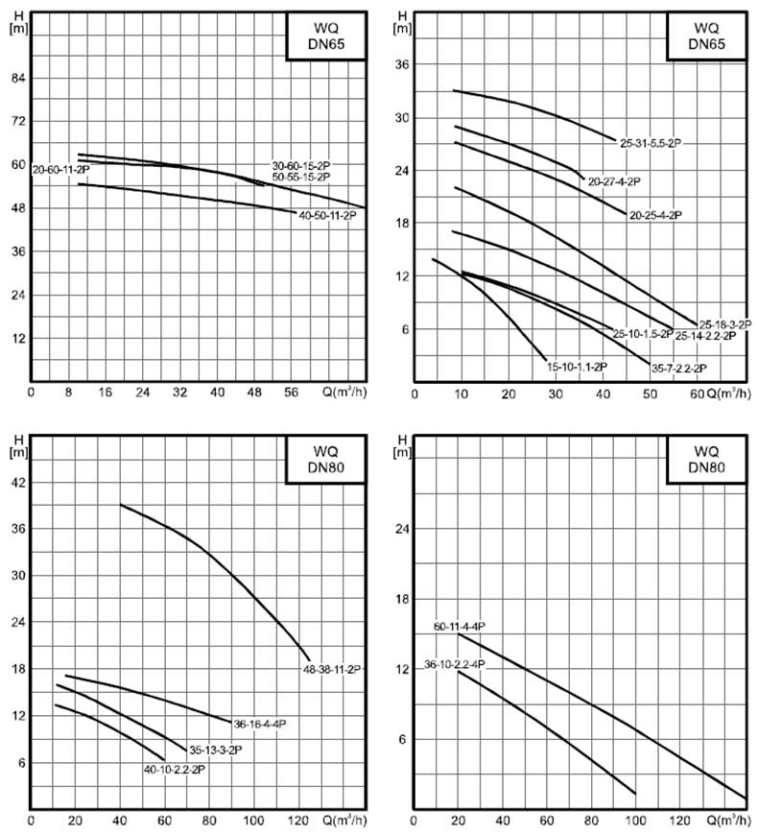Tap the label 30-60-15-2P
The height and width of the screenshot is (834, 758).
pyautogui.click(x=301, y=165)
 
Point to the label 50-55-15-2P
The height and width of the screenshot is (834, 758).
pyautogui.click(x=301, y=178)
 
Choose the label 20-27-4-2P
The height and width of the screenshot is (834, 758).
pyautogui.click(x=615, y=180)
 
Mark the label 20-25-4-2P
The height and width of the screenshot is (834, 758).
pyautogui.click(x=655, y=216)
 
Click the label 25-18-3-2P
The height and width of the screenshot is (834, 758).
pyautogui.click(x=724, y=324)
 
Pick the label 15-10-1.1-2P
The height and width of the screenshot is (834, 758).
pyautogui.click(x=578, y=367)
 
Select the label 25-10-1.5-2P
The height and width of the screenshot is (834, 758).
pyautogui.click(x=640, y=334)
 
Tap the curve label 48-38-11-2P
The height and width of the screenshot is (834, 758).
pyautogui.click(x=332, y=669)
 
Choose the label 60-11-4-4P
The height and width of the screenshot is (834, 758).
pyautogui.click(x=459, y=626)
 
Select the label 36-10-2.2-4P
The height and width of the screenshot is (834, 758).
pyautogui.click(x=454, y=663)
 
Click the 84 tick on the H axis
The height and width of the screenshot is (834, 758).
pyautogui.click(x=17, y=78)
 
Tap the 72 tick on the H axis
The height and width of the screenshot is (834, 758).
pyautogui.click(x=17, y=121)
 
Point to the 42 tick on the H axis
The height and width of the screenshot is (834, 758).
pyautogui.click(x=17, y=482)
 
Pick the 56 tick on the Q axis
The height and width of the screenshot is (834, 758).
pyautogui.click(x=293, y=392)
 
